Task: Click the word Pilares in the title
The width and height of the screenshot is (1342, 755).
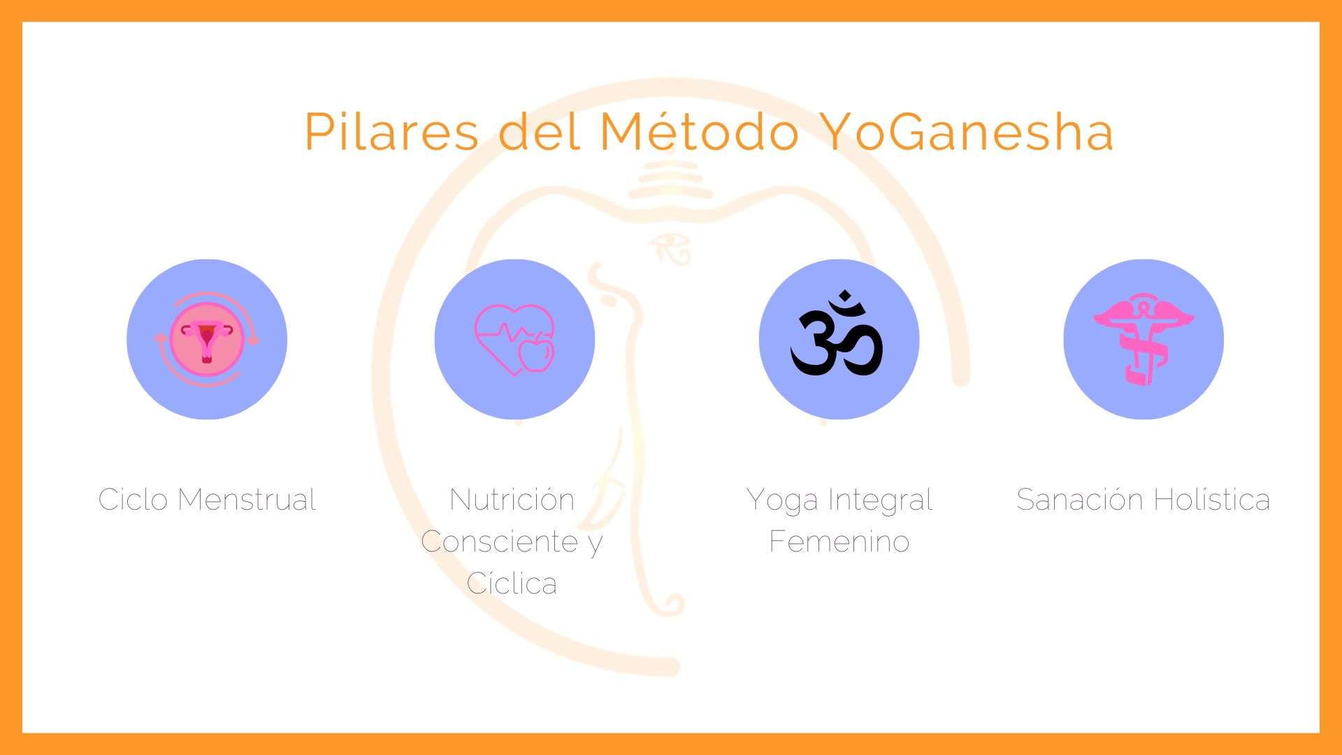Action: click(391, 131)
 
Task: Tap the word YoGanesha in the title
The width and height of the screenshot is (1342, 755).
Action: click(966, 131)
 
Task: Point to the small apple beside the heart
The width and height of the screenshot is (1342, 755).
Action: click(536, 354)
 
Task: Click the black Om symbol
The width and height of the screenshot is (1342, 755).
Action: click(837, 333)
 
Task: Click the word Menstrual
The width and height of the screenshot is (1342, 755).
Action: click(247, 499)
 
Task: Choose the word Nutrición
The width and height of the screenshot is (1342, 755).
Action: click(512, 499)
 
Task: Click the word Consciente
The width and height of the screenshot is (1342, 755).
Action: click(500, 541)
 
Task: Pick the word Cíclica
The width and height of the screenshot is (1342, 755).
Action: click(512, 583)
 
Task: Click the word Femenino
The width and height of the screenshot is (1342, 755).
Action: click(839, 541)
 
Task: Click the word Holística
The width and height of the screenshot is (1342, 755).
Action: click(1211, 499)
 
